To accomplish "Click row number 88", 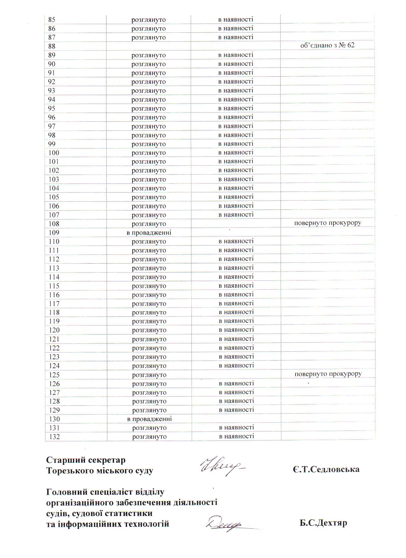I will [52, 46].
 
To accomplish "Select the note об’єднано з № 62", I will [327, 45].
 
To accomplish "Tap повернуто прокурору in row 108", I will [328, 223].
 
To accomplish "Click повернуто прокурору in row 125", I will [328, 374].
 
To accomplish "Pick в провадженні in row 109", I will [149, 233].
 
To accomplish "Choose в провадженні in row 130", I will [149, 419].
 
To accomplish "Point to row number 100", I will [54, 153].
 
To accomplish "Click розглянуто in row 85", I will [149, 20].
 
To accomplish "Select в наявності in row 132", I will [237, 436].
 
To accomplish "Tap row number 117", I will [54, 304].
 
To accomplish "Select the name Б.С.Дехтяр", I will [323, 523].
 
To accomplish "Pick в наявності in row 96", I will [236, 117].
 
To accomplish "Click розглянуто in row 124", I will [149, 366].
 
